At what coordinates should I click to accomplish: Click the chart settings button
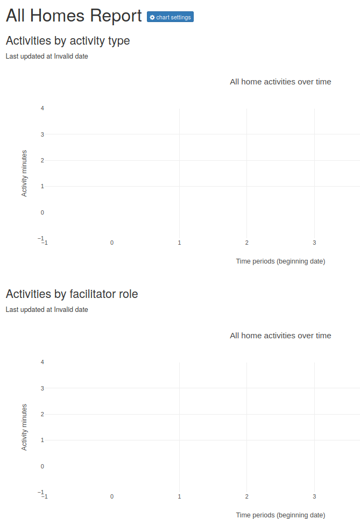tap(170, 17)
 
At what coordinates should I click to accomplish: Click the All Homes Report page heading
tap(74, 16)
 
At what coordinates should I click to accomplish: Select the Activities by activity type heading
tap(67, 41)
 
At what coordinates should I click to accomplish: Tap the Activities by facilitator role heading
tap(72, 294)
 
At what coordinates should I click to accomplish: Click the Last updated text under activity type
tap(47, 56)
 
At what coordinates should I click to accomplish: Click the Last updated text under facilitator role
tap(47, 310)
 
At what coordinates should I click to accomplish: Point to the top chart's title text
tap(280, 82)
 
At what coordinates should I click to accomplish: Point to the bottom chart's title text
tap(280, 336)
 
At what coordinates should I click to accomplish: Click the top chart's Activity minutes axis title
tap(24, 173)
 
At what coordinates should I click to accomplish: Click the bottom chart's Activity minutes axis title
tap(24, 427)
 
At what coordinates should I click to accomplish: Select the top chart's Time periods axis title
tap(280, 261)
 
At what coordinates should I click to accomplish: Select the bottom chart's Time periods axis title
tap(280, 515)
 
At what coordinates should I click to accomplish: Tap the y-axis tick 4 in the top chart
tap(42, 108)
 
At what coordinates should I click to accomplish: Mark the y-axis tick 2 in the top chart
tap(42, 160)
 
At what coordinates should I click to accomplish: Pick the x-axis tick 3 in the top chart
tap(314, 243)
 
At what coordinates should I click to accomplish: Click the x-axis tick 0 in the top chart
tap(112, 243)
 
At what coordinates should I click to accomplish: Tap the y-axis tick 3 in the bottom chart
tap(42, 388)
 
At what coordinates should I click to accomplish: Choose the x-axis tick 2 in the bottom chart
tap(246, 497)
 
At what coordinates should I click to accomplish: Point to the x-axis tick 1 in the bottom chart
tap(179, 497)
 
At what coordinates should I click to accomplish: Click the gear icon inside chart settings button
tap(152, 17)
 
